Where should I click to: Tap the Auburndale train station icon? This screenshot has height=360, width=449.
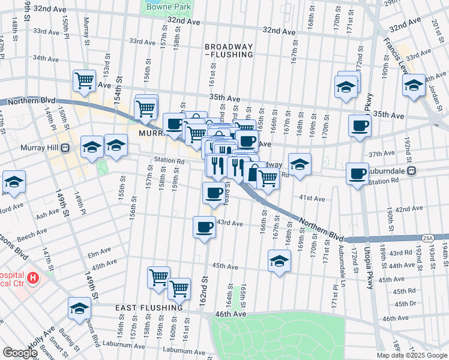point(412,171)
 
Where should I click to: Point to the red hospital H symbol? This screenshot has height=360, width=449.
point(33,278)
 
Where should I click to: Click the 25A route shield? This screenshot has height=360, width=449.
point(427,238)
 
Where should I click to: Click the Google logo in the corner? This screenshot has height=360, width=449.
point(20,352)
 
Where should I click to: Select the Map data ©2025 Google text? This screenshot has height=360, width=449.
point(412,355)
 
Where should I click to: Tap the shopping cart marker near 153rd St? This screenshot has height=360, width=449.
point(85,80)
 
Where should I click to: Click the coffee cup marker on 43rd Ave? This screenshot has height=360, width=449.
point(204,227)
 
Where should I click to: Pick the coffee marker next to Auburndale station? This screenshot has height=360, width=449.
point(357,173)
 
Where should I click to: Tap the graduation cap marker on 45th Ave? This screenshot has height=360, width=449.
point(279,260)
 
